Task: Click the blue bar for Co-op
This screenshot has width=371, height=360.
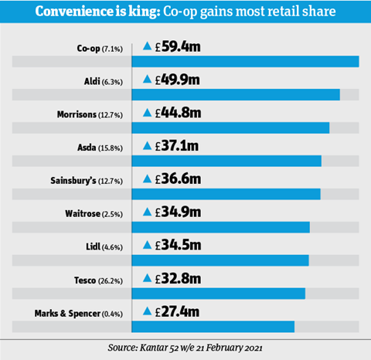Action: (x=245, y=62)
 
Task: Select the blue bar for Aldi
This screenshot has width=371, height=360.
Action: (x=236, y=94)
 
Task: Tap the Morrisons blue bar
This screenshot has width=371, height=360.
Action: (x=230, y=127)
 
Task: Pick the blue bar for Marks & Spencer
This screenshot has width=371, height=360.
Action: (x=213, y=327)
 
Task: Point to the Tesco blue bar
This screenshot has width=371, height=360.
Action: (x=219, y=294)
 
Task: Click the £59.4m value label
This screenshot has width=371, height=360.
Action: (x=178, y=47)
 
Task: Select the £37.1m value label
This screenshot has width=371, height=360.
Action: (x=177, y=146)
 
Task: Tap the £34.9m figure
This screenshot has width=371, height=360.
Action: (x=178, y=212)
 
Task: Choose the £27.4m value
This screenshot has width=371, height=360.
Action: (x=177, y=311)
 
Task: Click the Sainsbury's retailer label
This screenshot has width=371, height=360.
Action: (x=73, y=181)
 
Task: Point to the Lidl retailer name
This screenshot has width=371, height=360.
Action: (x=93, y=246)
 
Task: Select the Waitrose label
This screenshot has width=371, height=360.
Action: (x=83, y=214)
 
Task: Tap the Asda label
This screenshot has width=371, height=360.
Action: (x=87, y=148)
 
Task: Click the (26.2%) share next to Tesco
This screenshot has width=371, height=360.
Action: (x=111, y=280)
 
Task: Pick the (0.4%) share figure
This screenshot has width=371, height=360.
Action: (x=112, y=314)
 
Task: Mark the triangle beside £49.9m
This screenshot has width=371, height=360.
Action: (x=147, y=79)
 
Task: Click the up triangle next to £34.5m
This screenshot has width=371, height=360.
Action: (x=147, y=245)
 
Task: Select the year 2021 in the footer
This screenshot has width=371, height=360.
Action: (x=254, y=348)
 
